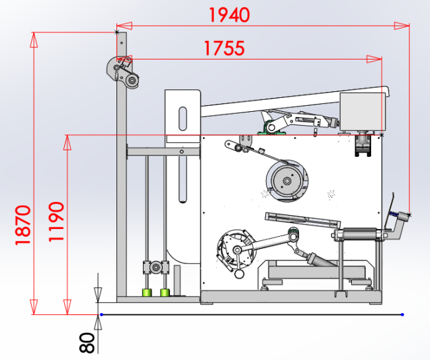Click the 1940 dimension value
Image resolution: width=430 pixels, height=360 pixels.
230,15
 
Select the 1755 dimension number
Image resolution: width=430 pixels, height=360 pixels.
224,48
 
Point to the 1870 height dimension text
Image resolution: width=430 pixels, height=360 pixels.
22,225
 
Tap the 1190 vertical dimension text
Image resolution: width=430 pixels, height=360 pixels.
56,222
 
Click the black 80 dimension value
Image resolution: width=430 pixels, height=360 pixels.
87,343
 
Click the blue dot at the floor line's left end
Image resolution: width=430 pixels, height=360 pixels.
101,315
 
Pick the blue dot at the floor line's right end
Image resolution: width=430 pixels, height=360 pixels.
402,315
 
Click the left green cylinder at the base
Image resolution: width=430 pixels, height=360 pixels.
147,292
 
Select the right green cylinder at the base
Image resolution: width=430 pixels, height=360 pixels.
165,292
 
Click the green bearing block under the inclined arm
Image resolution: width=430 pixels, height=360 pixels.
271,128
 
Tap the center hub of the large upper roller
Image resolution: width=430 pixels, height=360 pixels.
287,181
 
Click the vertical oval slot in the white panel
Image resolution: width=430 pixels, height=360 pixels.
183,119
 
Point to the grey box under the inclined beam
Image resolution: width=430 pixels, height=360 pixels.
363,112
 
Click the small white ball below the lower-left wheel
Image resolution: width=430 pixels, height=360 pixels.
239,273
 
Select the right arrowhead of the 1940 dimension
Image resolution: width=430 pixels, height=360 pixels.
402,26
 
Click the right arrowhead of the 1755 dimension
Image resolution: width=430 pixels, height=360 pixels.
374,59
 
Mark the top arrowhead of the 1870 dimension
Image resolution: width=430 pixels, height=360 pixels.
34,40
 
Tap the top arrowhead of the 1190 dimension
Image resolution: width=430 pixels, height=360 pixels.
67,142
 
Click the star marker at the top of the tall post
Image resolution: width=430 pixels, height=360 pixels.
117,32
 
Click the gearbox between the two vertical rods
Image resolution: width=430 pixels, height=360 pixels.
155,267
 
